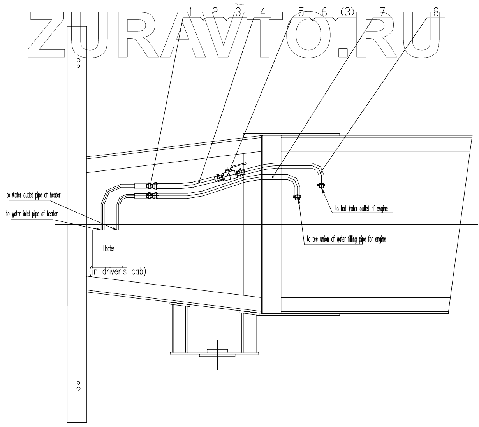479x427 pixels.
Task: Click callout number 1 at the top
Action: pos(191,12)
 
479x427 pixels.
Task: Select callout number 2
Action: pos(215,12)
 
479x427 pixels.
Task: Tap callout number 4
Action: pos(263,12)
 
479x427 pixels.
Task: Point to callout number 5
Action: pos(301,12)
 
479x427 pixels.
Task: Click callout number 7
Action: pos(383,12)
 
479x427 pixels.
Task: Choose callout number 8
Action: pos(436,12)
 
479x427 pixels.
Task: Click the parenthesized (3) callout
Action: pos(347,12)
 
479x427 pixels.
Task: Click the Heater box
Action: pos(110,248)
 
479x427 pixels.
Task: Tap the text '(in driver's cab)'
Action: pos(117,272)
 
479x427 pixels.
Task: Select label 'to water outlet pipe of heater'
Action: pos(33,195)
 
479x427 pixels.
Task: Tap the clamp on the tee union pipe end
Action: pos(298,197)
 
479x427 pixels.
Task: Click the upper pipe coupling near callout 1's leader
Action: pos(152,185)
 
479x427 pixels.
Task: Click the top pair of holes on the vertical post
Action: pos(78,63)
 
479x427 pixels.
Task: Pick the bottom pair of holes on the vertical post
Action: pos(78,385)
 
